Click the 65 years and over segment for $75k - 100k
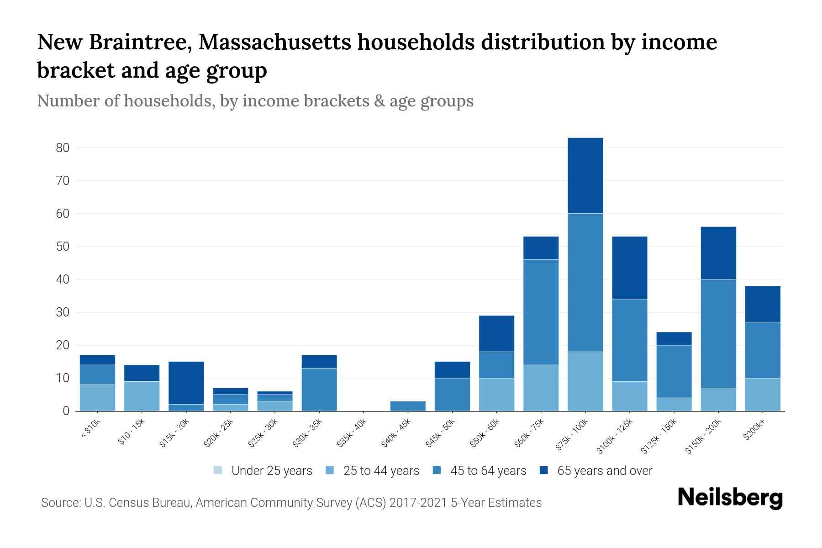click(585, 175)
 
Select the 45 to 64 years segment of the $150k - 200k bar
click(718, 333)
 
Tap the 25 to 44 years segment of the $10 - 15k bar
click(142, 396)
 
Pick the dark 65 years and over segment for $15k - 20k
click(186, 383)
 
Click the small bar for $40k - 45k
click(408, 406)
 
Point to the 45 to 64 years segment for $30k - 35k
click(319, 389)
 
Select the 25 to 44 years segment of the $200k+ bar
click(762, 394)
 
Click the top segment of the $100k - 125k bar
click(629, 268)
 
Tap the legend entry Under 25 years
click(263, 471)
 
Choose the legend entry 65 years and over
click(596, 471)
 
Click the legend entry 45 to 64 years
click(479, 471)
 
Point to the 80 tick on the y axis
click(63, 148)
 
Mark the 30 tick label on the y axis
click(63, 312)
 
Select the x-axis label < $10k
click(90, 429)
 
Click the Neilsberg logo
click(730, 498)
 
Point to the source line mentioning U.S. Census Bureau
click(291, 503)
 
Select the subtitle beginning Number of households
click(255, 101)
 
